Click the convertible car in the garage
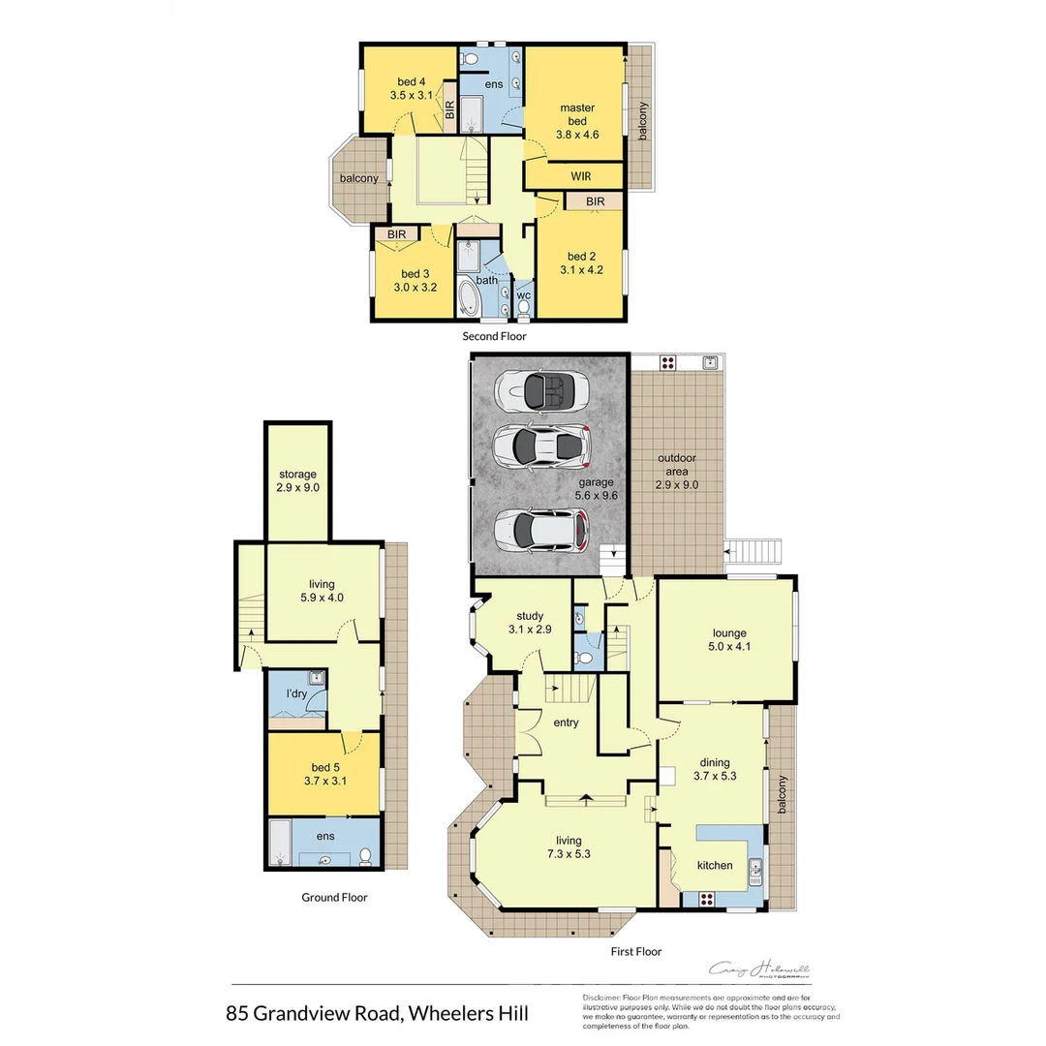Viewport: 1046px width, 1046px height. coord(535,391)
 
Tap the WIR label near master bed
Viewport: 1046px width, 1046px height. coord(581,177)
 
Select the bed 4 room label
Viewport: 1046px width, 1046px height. coord(412,82)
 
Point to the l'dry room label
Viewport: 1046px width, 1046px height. coord(296,693)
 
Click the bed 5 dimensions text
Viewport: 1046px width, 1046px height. coord(324,781)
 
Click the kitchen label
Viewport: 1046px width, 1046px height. coord(716,865)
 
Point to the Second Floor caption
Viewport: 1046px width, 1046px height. coord(494,336)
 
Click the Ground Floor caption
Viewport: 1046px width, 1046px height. coord(334,898)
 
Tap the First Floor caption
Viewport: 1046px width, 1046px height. coord(636,951)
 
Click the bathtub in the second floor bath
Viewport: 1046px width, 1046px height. coord(468,299)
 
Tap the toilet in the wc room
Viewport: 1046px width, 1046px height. coord(524,309)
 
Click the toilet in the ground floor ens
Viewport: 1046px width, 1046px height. coord(365,856)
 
